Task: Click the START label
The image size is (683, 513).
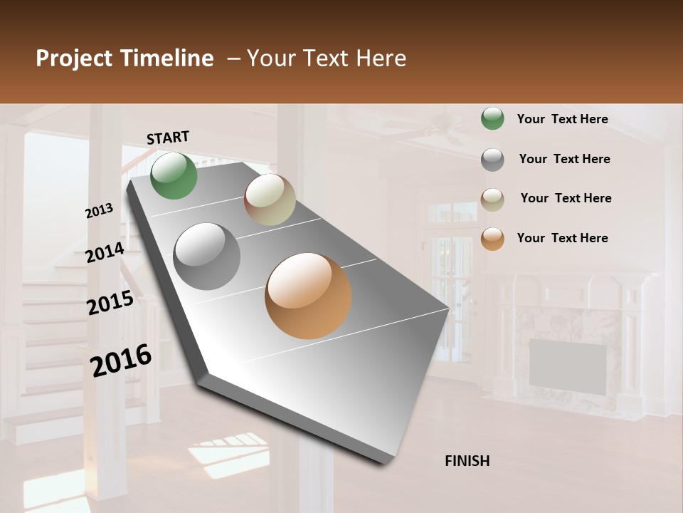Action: coord(168,138)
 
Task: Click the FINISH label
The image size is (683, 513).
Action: coord(467,461)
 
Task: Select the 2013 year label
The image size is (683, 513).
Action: coord(100,211)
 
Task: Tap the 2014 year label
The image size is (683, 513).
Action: coord(105,253)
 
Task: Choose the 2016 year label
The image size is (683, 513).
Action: coord(121,361)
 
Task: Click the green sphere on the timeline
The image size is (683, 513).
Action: coord(174,176)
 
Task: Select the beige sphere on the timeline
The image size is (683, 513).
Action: coord(270,200)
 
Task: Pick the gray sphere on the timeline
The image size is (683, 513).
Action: coord(207,256)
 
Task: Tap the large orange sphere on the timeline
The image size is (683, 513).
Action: coord(308,296)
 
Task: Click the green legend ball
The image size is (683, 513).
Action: coord(492,119)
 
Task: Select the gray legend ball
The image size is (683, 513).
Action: coord(492,160)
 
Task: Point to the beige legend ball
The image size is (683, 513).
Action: coord(492,199)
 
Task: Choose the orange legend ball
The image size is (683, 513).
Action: coord(492,239)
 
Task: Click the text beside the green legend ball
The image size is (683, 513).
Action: coord(562,119)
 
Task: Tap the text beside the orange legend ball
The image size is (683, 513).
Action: coord(562,238)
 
